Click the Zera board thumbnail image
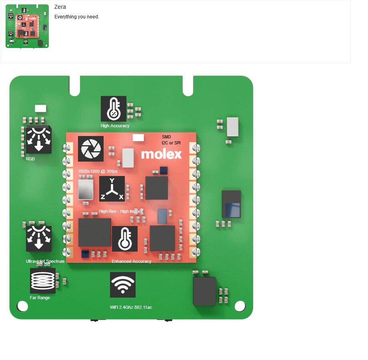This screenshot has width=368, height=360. click(27, 26)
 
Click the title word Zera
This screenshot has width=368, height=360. click(60, 7)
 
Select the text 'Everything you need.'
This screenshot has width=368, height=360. click(77, 17)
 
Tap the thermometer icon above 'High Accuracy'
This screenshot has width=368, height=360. click(114, 109)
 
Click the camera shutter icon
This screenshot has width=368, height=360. click(91, 149)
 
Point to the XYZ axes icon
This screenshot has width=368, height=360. click(112, 189)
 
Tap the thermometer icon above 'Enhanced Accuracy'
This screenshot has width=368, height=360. click(125, 239)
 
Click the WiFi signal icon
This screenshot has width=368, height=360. click(123, 285)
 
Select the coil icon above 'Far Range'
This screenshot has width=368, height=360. click(43, 281)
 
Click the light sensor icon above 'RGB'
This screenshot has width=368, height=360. click(39, 140)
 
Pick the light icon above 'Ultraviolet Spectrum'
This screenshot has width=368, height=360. click(39, 239)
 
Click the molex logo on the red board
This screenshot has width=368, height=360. click(162, 154)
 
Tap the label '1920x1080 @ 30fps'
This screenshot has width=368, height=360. click(98, 171)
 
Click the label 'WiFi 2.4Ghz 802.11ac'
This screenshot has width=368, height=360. click(131, 307)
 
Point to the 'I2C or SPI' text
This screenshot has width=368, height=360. click(171, 143)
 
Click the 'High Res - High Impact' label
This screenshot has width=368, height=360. click(121, 211)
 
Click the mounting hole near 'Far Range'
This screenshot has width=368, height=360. click(22, 306)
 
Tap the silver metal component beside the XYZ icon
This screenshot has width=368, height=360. click(86, 189)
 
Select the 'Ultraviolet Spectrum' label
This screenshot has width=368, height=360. click(45, 261)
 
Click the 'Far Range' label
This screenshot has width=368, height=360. click(40, 298)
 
